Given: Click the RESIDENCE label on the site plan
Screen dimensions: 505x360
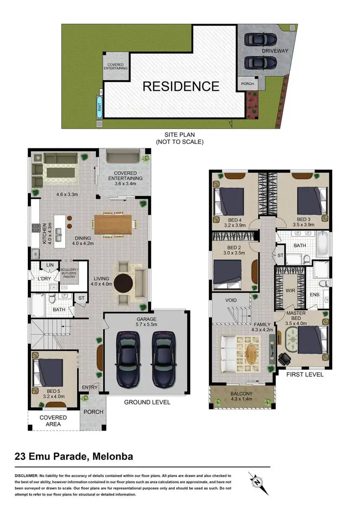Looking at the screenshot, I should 180,86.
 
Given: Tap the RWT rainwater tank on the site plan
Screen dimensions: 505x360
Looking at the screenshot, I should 99,107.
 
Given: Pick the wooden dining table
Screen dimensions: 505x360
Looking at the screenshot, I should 113,224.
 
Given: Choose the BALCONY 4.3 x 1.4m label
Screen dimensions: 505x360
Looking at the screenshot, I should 242,397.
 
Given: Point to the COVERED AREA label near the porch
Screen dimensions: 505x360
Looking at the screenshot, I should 53,421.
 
